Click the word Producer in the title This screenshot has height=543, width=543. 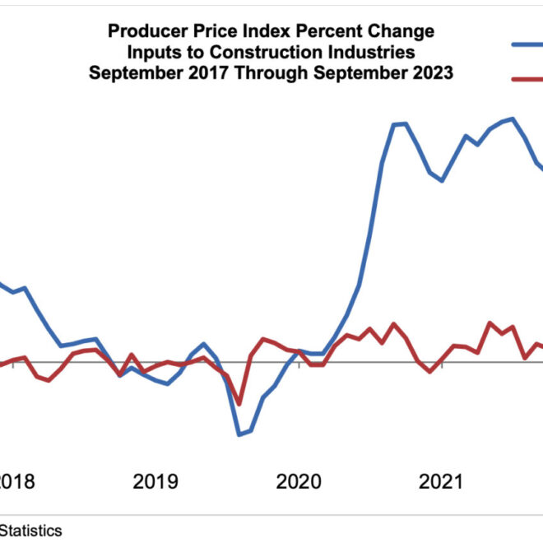pos(141,33)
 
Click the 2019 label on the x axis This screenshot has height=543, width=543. pos(155,481)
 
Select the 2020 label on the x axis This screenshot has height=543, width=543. pos(299,481)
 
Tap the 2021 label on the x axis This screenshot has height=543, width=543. pos(442,481)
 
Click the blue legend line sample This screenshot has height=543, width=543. pos(527,44)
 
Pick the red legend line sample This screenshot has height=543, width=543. pos(527,79)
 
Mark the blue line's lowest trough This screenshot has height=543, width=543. pos(239,434)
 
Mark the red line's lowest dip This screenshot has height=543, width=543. pos(239,403)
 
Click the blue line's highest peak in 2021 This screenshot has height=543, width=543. pos(513,118)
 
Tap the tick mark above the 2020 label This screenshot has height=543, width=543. pos(299,365)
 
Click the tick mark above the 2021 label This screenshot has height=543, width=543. pos(442,365)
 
